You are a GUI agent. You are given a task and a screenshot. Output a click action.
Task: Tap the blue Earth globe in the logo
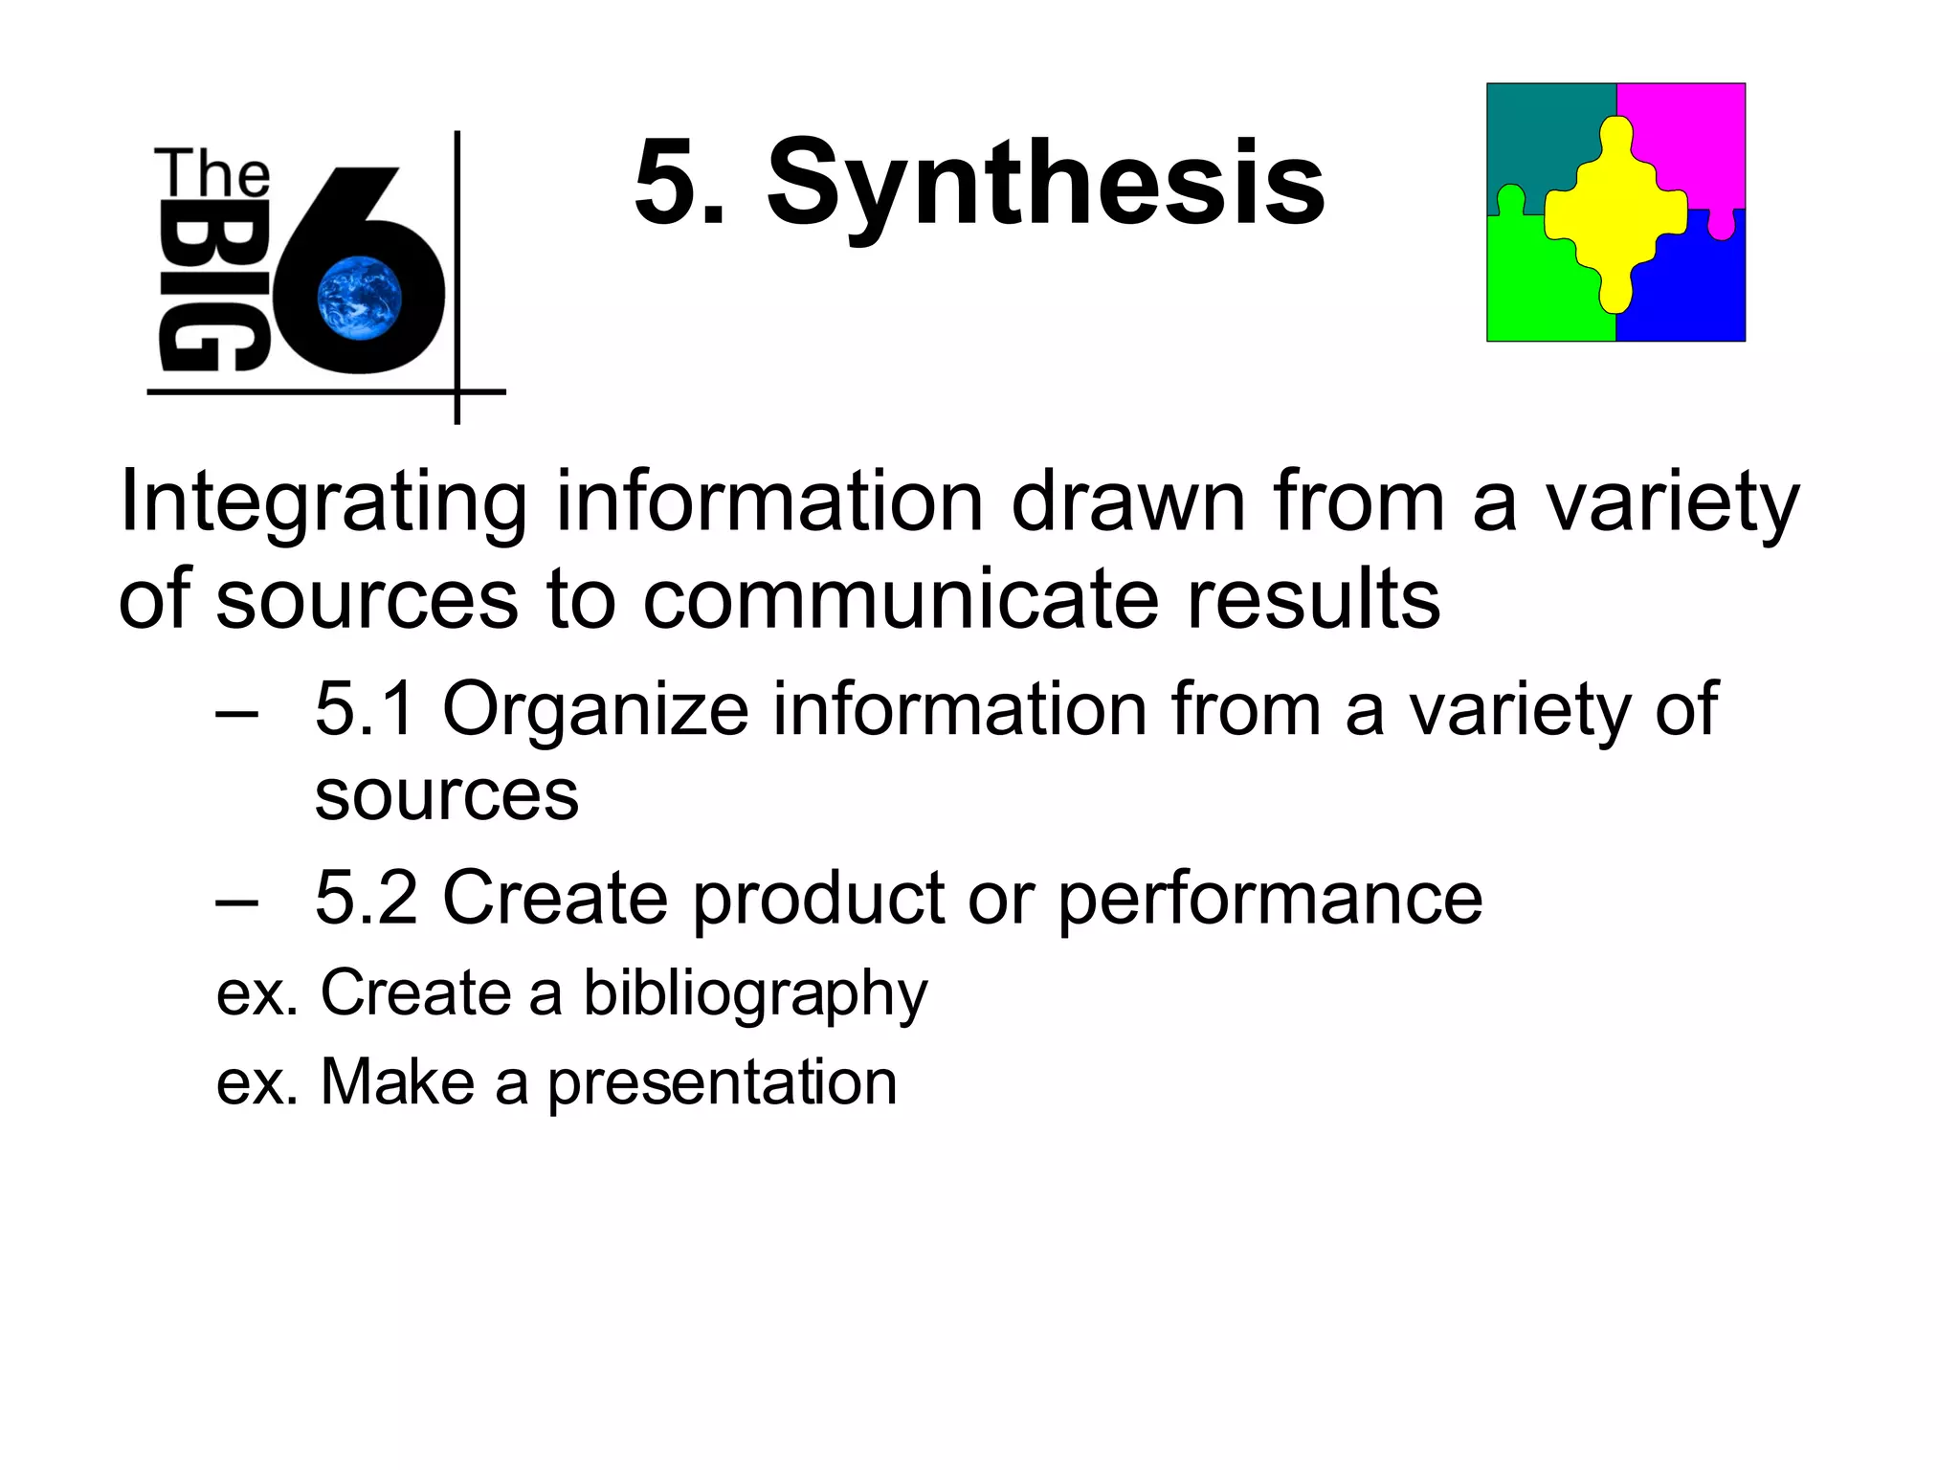coord(360,298)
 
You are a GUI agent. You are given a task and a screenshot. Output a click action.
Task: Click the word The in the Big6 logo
coord(212,174)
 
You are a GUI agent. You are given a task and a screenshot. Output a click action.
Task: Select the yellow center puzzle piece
coord(1615,214)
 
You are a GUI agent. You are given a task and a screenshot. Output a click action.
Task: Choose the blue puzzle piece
coord(1694,287)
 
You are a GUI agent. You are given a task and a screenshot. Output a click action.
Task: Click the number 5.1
coord(366,709)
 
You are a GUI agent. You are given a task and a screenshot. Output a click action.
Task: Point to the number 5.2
coord(366,898)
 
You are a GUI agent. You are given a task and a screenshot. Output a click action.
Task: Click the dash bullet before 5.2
coord(236,902)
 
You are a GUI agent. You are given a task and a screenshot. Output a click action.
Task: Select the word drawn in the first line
coord(1129,502)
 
